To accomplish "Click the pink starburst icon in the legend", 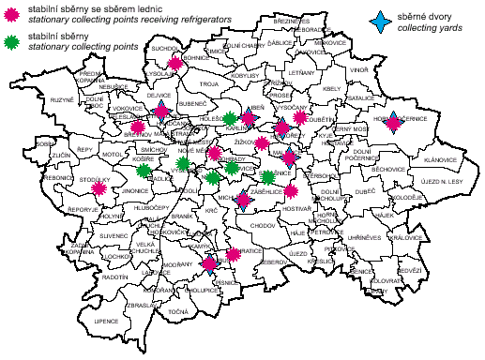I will coord(10,12).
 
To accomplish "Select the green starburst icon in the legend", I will coord(10,40).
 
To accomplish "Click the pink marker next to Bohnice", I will coord(175,65).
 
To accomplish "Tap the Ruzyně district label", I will coord(36,98).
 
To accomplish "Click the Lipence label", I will coord(81,322).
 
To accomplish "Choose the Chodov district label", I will coord(264,226).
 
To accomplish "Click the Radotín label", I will coord(116,277).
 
